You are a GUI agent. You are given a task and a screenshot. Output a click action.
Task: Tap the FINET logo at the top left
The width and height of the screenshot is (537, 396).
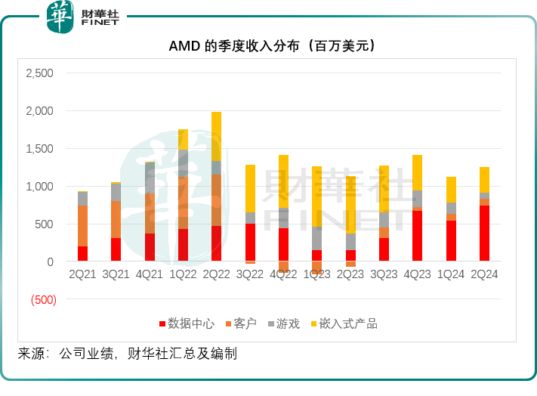click(x=83, y=17)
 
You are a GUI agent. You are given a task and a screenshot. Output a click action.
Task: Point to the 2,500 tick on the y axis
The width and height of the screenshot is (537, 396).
click(x=39, y=73)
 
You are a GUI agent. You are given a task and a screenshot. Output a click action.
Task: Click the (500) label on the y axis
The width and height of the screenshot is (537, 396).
click(x=42, y=299)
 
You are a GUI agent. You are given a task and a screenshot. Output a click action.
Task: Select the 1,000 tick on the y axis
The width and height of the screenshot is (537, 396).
click(x=39, y=187)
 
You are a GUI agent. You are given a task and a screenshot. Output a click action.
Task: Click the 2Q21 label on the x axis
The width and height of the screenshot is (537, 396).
click(x=82, y=275)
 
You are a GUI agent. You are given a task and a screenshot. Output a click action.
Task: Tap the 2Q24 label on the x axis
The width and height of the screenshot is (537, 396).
click(x=484, y=275)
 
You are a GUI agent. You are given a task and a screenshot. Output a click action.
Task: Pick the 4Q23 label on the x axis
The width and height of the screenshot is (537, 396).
click(x=418, y=275)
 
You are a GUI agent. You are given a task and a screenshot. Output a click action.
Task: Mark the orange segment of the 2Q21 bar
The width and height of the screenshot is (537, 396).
click(x=82, y=225)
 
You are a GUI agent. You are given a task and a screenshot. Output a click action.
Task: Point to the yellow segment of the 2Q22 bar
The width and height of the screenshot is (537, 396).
click(x=217, y=136)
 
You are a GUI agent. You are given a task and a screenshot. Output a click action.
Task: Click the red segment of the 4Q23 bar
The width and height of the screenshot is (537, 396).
click(x=418, y=236)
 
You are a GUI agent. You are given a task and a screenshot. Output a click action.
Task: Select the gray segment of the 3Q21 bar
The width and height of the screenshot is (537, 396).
click(x=116, y=192)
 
